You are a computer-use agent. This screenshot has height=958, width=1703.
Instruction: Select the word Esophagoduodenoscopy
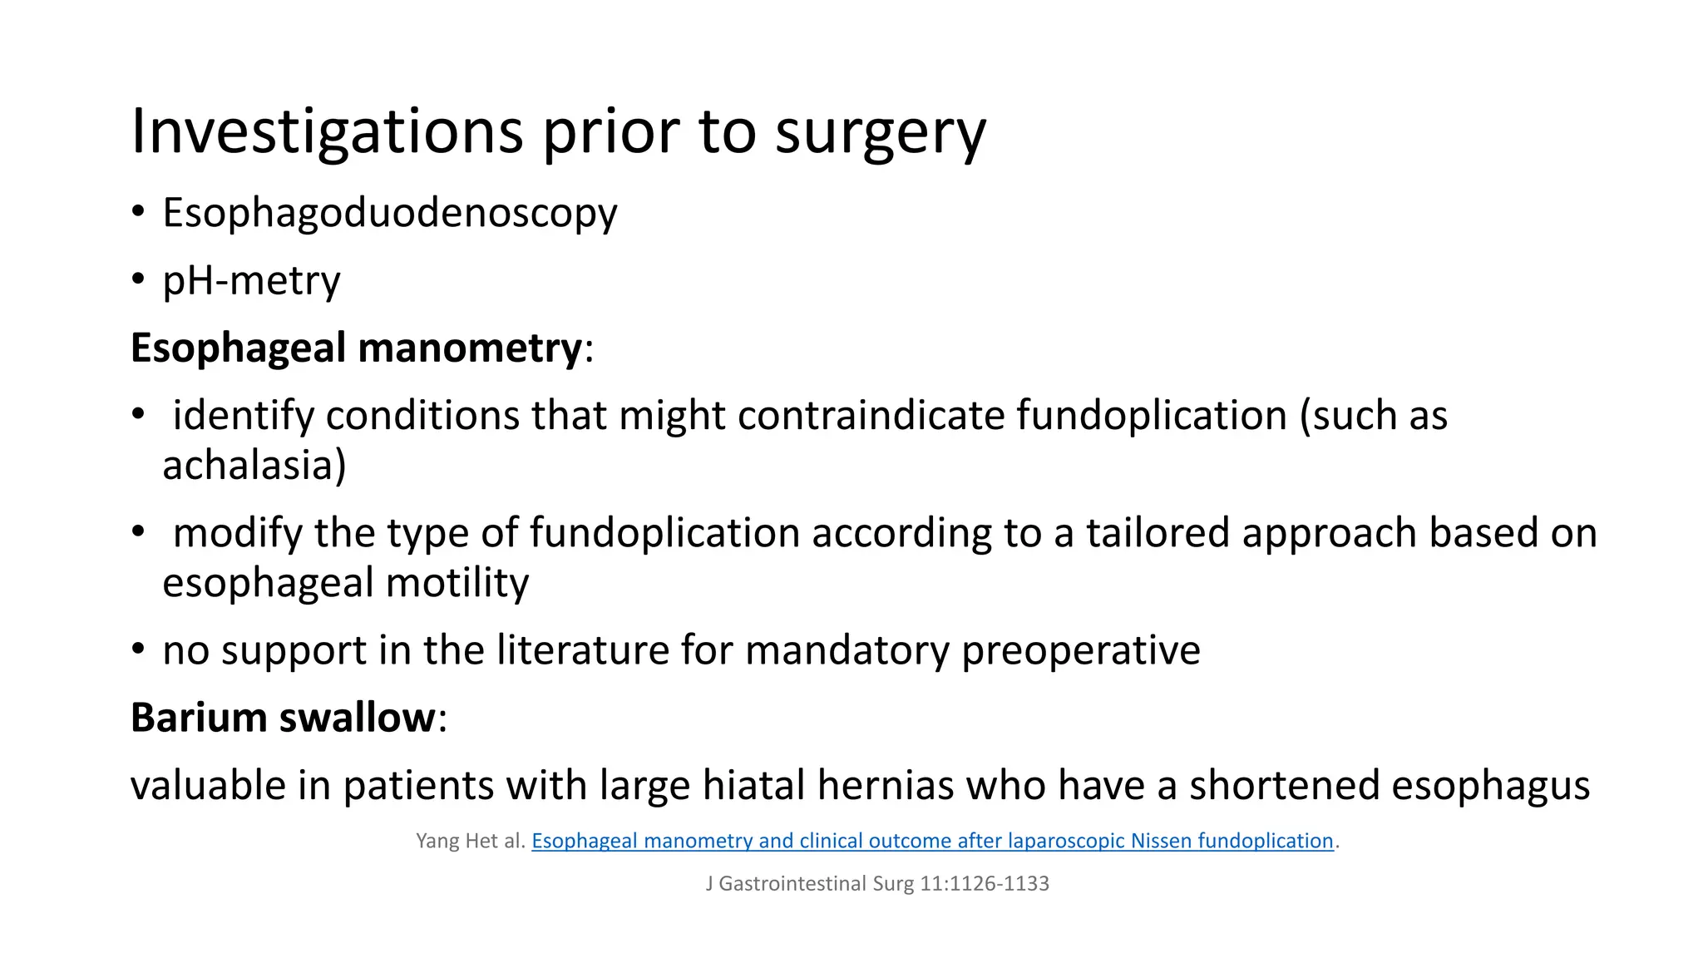[x=389, y=213]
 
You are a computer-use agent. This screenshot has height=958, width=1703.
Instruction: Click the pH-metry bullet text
[x=251, y=281]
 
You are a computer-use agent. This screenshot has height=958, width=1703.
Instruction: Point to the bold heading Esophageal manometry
[x=356, y=348]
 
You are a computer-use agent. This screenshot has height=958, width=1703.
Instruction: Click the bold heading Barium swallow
[x=283, y=718]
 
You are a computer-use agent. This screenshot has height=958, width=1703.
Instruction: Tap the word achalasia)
[x=254, y=465]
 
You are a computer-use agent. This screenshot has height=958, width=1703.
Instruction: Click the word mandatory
[x=847, y=650]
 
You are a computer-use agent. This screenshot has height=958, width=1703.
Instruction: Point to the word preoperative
[x=1081, y=650]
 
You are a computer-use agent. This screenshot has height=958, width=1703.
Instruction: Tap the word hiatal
[x=753, y=785]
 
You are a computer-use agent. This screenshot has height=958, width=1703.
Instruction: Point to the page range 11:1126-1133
[x=984, y=883]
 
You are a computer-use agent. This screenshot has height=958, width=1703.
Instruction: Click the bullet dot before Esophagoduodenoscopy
[x=138, y=211]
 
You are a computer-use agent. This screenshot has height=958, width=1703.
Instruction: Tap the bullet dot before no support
[x=138, y=649]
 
